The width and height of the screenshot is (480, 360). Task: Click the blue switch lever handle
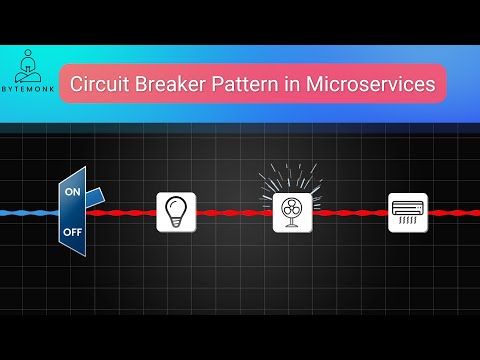click(98, 196)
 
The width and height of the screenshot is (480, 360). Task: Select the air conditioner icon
click(407, 209)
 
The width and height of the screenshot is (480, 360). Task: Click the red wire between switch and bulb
click(125, 212)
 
